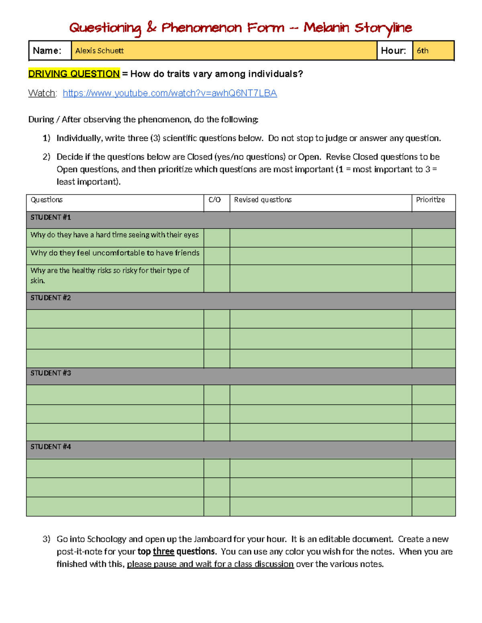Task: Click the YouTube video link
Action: (170, 93)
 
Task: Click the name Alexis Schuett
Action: (99, 51)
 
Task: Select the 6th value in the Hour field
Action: (423, 51)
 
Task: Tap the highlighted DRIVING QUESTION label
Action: (74, 74)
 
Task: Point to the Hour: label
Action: (393, 51)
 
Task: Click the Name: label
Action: (47, 51)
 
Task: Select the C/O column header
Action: (214, 200)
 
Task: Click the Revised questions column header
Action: (263, 200)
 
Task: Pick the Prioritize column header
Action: (430, 200)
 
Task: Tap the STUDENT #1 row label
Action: (51, 217)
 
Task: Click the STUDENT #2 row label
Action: (51, 298)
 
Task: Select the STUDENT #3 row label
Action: (51, 373)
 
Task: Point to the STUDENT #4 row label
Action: (51, 447)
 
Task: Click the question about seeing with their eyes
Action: (114, 235)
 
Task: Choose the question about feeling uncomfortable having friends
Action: (115, 253)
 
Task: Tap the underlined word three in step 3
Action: (163, 552)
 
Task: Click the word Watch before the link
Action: (41, 93)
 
